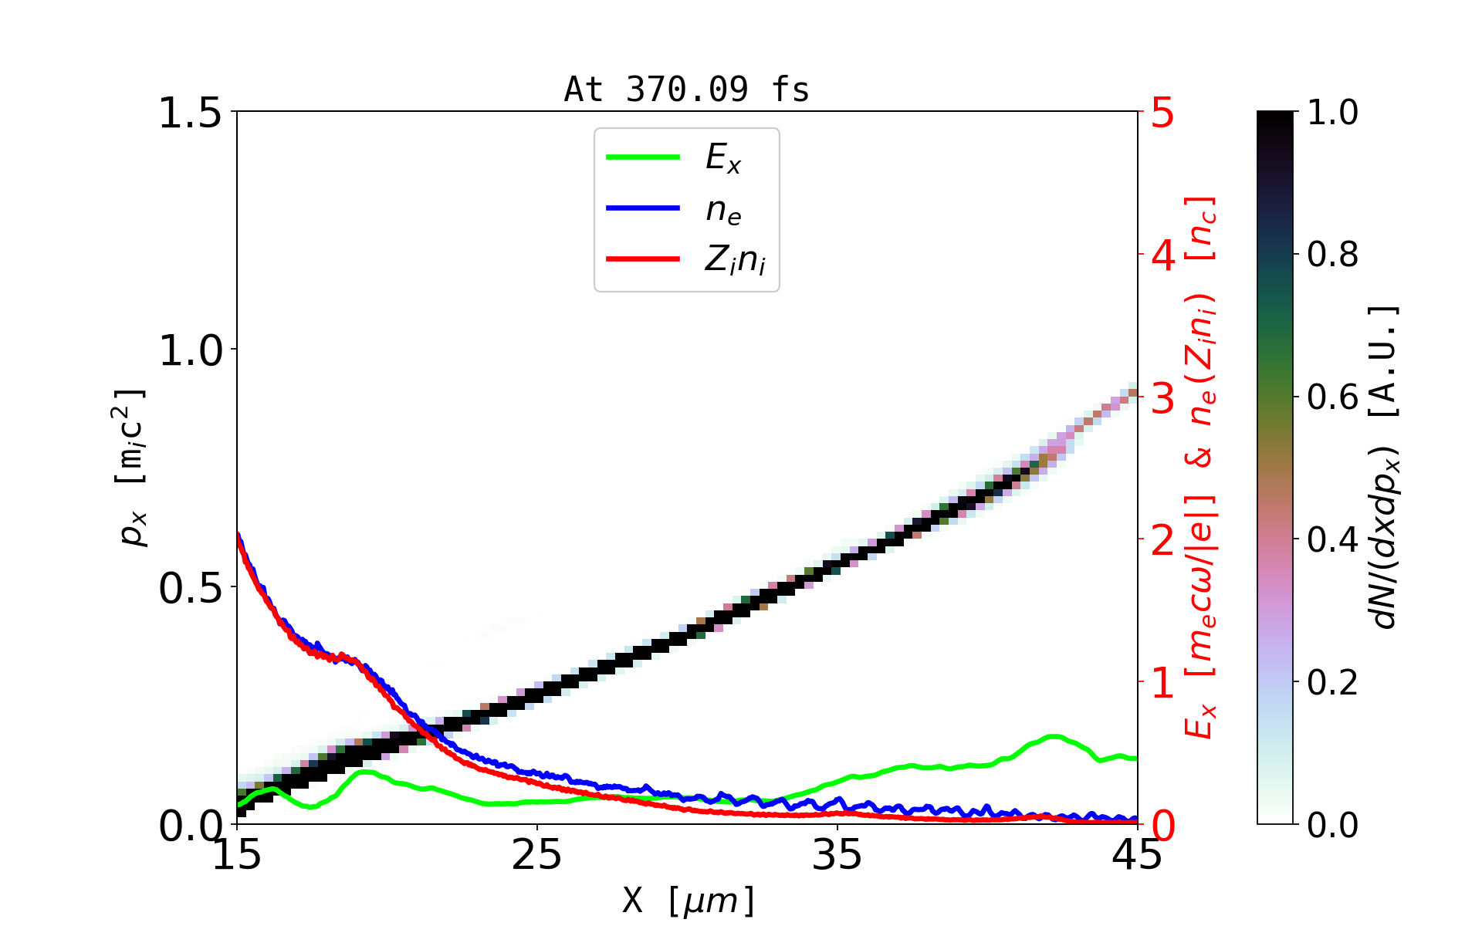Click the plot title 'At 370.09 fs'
tap(686, 90)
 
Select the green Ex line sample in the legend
tap(643, 157)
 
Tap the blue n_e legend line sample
tap(643, 208)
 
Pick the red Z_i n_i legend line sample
tap(643, 259)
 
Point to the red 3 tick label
tap(1163, 398)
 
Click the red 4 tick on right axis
tap(1163, 255)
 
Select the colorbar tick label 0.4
tap(1333, 539)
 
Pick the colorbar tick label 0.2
tap(1333, 682)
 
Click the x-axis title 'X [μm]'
tap(689, 900)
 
